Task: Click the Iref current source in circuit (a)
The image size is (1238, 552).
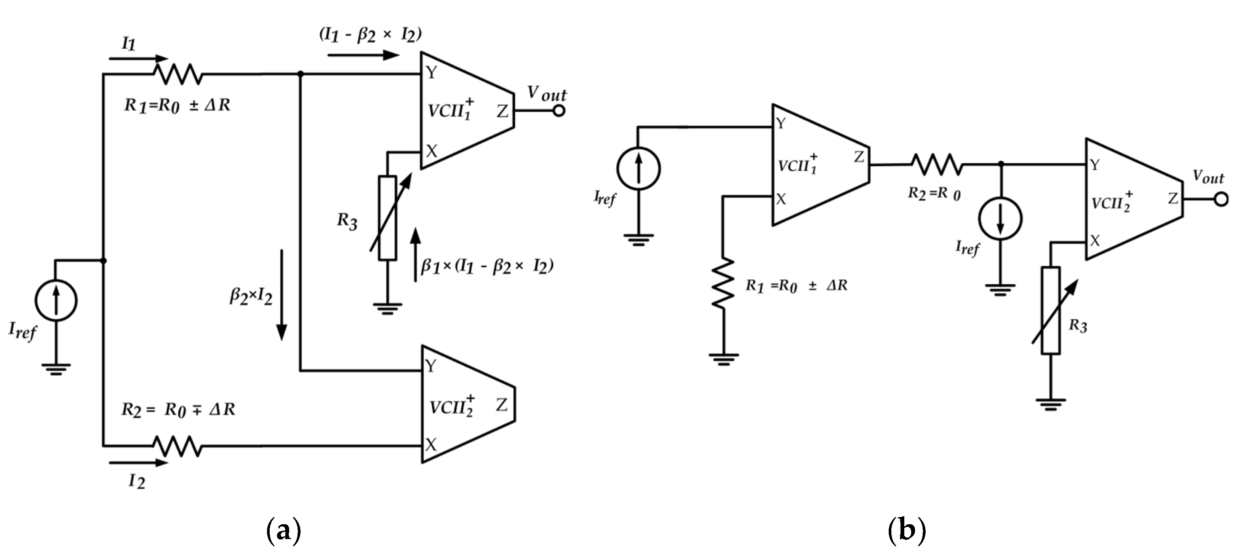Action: tap(56, 301)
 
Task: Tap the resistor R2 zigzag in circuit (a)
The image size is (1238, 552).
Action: tap(178, 446)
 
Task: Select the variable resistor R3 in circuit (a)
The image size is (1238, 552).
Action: tap(387, 218)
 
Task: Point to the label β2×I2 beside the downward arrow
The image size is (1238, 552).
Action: tap(251, 297)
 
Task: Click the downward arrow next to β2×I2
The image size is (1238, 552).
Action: tap(282, 295)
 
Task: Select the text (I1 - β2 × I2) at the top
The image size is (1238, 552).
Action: tap(370, 35)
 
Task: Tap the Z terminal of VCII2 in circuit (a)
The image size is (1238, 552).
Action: tap(502, 405)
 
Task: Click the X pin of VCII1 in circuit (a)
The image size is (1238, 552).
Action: tap(431, 152)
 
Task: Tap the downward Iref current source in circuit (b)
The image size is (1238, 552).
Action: tap(1000, 219)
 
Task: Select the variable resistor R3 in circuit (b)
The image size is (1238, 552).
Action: tap(1051, 311)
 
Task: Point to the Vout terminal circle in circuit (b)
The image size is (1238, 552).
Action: tap(1221, 199)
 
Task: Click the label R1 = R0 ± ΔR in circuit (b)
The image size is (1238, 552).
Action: tap(797, 286)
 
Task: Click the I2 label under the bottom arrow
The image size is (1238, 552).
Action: tap(136, 481)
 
